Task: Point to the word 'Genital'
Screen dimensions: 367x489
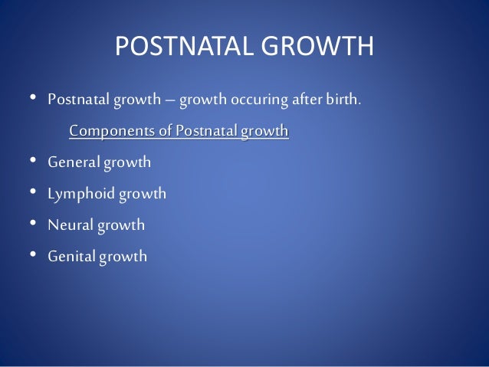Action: click(x=71, y=257)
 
